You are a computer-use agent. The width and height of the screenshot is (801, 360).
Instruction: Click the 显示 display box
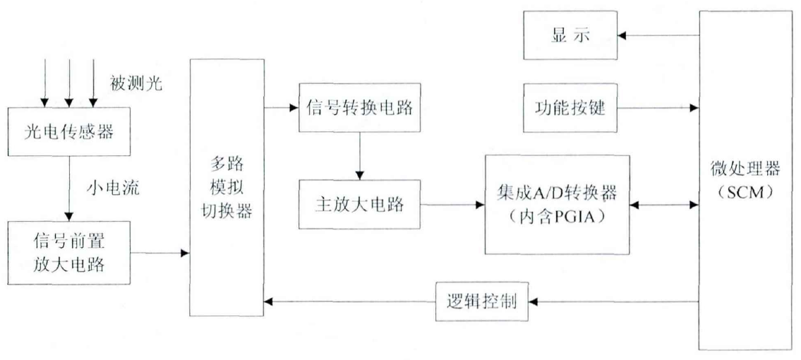(569, 36)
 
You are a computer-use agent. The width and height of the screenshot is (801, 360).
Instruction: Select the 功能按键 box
(569, 108)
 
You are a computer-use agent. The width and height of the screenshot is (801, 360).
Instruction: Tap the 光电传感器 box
(68, 131)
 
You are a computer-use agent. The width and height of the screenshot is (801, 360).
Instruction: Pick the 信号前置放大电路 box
(68, 252)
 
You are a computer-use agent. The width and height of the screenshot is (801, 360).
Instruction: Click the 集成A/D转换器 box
(556, 204)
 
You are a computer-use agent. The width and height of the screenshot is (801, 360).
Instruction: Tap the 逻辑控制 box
(484, 301)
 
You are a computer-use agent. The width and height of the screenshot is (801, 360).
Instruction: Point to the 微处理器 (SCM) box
(745, 180)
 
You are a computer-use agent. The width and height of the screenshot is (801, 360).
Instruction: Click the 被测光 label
(136, 83)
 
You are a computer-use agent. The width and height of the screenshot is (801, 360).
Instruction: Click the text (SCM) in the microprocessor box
(745, 193)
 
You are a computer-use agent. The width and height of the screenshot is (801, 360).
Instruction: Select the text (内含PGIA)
(555, 217)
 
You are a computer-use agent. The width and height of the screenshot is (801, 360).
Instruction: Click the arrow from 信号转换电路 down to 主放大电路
(359, 155)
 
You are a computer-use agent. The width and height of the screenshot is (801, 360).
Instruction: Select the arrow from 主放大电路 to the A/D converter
(451, 205)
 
